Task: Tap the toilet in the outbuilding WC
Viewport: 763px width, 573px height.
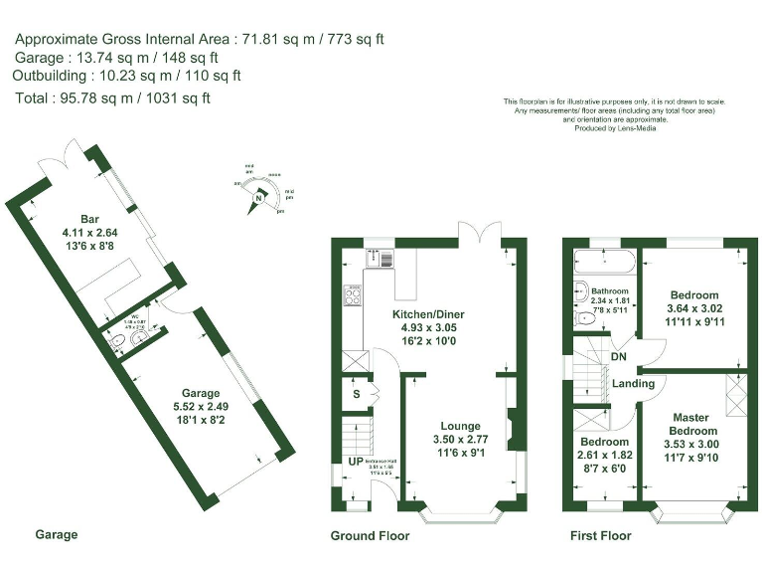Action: [118, 344]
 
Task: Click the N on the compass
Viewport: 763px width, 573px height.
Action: [258, 199]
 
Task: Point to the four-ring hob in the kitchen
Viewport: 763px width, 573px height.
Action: [352, 294]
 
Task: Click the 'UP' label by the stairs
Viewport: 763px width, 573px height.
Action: [355, 462]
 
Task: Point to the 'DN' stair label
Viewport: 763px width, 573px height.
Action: [618, 357]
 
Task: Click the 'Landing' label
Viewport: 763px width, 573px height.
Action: [633, 383]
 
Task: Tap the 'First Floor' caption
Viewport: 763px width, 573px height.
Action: [600, 535]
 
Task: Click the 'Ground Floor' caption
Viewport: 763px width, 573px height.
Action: [369, 535]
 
